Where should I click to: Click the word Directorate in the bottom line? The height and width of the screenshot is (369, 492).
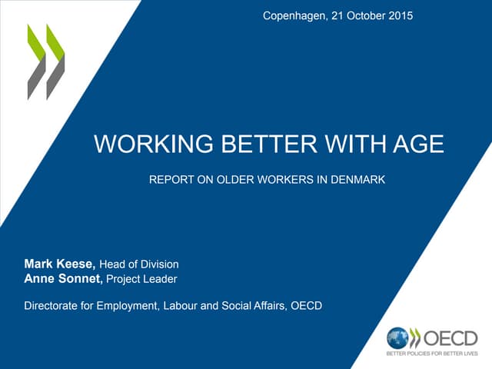point(55,306)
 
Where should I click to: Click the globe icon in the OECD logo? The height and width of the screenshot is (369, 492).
point(397,337)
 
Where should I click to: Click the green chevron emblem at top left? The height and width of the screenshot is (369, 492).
point(46,61)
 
